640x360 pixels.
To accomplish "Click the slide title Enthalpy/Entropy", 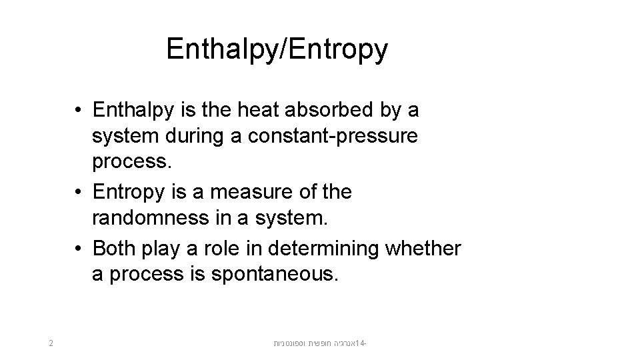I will (277, 49).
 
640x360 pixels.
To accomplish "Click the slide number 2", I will (51, 344).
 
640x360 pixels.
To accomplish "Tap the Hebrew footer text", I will (321, 344).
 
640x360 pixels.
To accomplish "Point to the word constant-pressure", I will (333, 136).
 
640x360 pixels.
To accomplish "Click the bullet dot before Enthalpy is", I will (78, 109).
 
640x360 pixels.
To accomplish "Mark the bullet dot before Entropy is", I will (78, 193).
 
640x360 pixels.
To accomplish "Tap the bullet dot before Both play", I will (78, 249).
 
